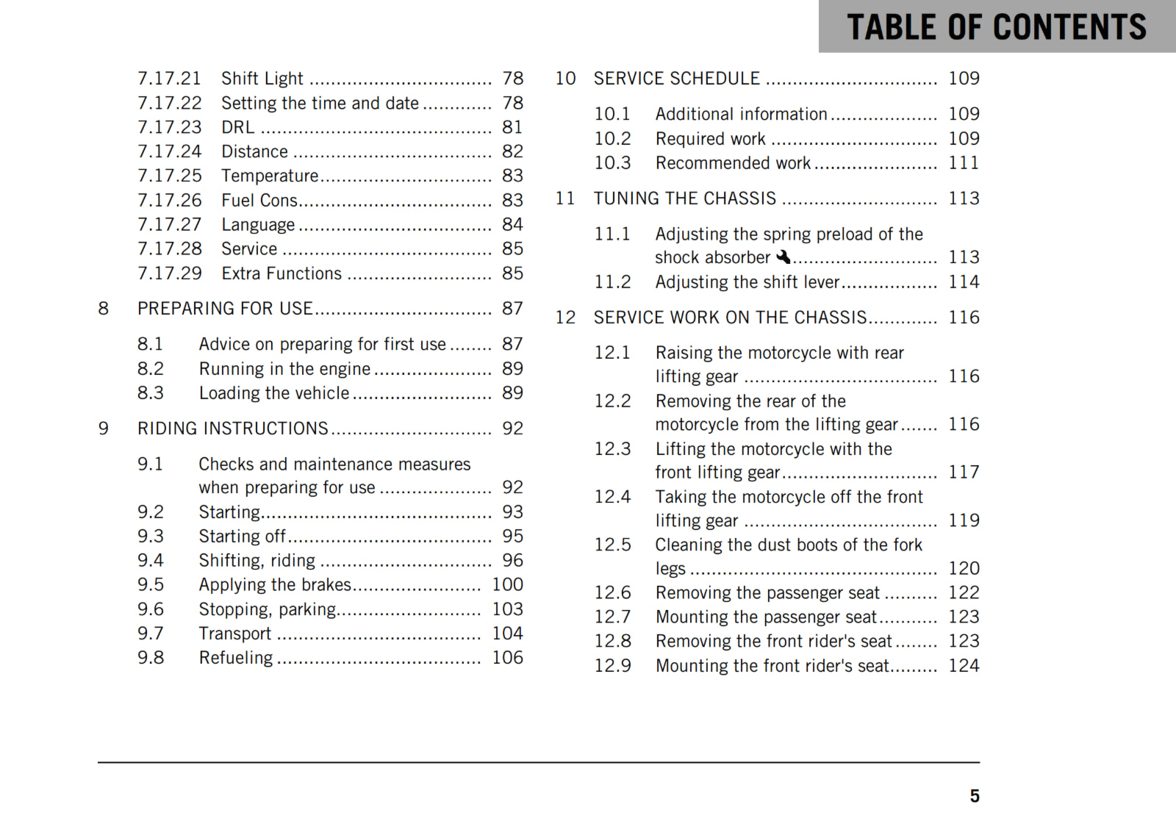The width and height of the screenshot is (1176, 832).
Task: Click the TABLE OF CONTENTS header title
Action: pyautogui.click(x=996, y=27)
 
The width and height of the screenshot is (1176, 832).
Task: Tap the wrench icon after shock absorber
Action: pyautogui.click(x=783, y=257)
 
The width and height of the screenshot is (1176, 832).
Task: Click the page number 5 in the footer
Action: pyautogui.click(x=974, y=796)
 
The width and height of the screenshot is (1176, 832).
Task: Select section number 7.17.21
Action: pyautogui.click(x=169, y=79)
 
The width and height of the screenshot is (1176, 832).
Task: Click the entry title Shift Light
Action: pyautogui.click(x=262, y=79)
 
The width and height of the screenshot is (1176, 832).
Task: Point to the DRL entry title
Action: pyautogui.click(x=238, y=127)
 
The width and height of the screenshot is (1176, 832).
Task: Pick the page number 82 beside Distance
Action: pyautogui.click(x=512, y=151)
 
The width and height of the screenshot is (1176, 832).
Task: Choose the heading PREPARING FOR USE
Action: pyautogui.click(x=225, y=309)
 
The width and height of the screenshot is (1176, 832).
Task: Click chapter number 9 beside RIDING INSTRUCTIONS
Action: pyautogui.click(x=104, y=428)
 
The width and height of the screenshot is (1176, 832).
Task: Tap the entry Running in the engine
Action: pyautogui.click(x=284, y=369)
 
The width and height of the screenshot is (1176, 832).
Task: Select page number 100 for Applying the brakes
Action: pyautogui.click(x=507, y=584)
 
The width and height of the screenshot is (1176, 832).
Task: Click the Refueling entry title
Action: pyautogui.click(x=235, y=658)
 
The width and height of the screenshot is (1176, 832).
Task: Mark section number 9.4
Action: pyautogui.click(x=151, y=561)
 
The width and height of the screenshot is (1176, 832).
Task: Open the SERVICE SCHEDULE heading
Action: pyautogui.click(x=676, y=79)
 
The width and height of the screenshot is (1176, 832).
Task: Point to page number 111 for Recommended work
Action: pyautogui.click(x=964, y=163)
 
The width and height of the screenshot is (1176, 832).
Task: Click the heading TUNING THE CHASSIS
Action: pyautogui.click(x=684, y=198)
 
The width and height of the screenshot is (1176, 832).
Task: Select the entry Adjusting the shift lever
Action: pyautogui.click(x=747, y=282)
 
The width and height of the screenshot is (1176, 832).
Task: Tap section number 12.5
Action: pyautogui.click(x=612, y=545)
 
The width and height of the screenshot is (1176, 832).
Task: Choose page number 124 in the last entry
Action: pyautogui.click(x=964, y=666)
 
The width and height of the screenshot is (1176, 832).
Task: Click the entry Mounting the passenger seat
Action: pyautogui.click(x=766, y=617)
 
